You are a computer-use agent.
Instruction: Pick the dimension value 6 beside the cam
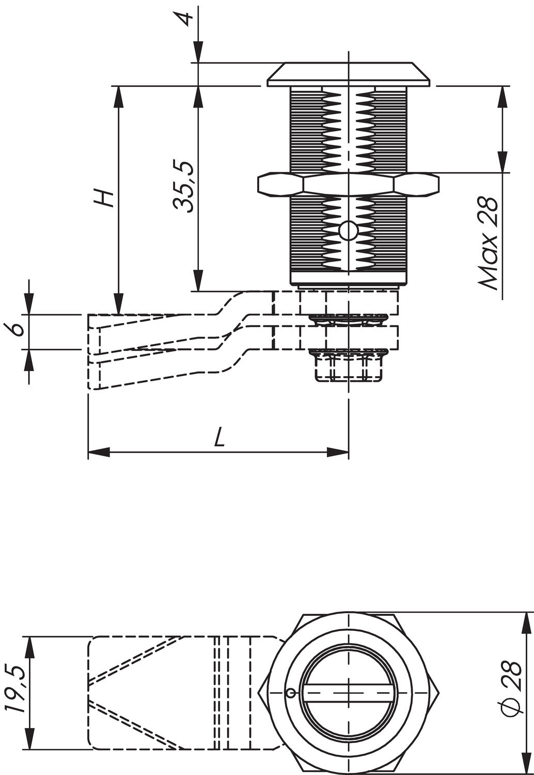pos(18,329)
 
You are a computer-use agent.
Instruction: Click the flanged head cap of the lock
pos(349,75)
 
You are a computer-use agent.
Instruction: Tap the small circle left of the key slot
pos(290,693)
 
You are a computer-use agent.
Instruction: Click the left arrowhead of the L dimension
pos(99,453)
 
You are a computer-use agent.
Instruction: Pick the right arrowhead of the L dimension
pos(338,453)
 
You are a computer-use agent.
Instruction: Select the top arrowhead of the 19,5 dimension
pos(29,646)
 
